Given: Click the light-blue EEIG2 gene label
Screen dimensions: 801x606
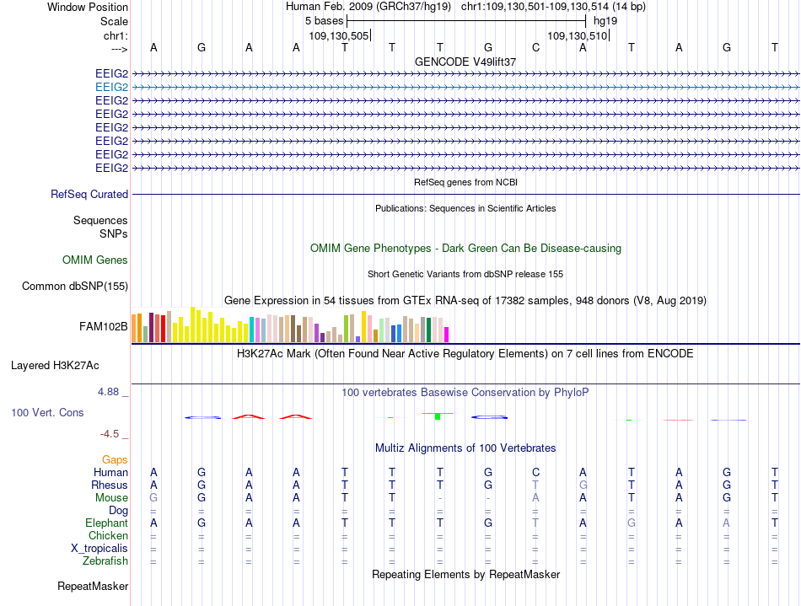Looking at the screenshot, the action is click(111, 88).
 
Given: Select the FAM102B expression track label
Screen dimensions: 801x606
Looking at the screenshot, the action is click(103, 326).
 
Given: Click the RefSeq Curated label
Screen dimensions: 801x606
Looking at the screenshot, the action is click(89, 194).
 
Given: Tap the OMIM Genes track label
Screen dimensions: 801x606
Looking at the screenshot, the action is click(95, 260).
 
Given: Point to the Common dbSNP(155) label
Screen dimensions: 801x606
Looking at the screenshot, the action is click(75, 286).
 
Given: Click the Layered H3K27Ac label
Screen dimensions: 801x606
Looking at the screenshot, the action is click(55, 366).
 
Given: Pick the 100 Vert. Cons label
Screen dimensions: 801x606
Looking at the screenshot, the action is click(47, 412).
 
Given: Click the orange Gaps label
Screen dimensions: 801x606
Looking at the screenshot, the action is click(115, 460).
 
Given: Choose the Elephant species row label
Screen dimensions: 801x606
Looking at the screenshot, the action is click(107, 523).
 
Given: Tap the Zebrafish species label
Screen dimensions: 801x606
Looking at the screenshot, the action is click(105, 561).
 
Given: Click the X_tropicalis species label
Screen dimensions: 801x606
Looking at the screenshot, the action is click(99, 549).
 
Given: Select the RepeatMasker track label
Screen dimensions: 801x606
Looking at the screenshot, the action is click(93, 586).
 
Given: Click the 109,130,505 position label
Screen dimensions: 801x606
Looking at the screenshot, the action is click(339, 35).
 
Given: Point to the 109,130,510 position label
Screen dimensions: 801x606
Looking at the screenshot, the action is click(578, 35).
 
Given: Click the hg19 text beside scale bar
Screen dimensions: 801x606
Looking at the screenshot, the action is click(605, 21).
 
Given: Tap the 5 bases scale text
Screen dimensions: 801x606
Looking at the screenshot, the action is click(325, 21).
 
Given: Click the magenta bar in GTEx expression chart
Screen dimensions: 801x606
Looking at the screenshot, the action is click(447, 335).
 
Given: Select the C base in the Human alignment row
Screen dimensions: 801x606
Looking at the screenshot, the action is click(535, 472).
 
